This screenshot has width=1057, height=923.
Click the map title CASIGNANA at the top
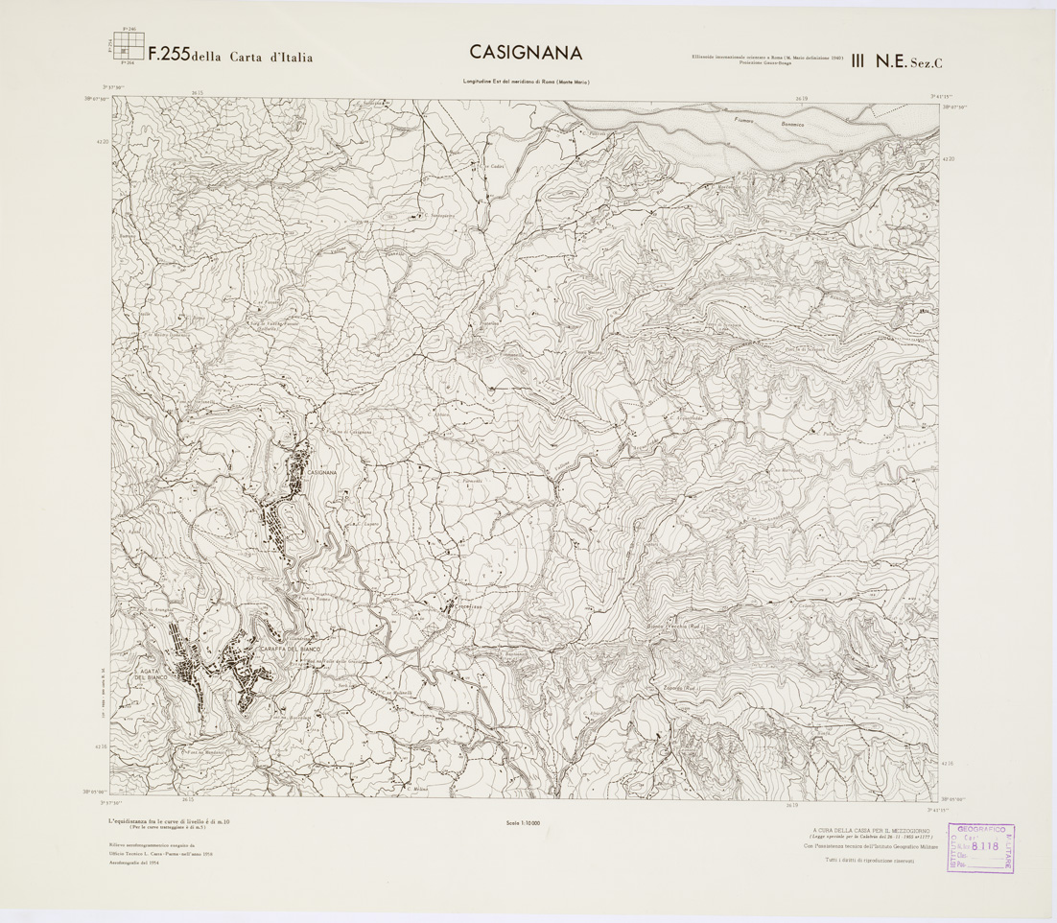[x=527, y=53]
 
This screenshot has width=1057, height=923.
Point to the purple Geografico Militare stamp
[x=982, y=847]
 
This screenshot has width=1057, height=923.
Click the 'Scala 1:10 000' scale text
[x=523, y=822]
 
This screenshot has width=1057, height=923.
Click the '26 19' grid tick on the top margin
[x=802, y=97]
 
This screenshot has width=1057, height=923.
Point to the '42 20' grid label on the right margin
[x=949, y=159]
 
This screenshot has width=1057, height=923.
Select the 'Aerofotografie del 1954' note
[x=134, y=866]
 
